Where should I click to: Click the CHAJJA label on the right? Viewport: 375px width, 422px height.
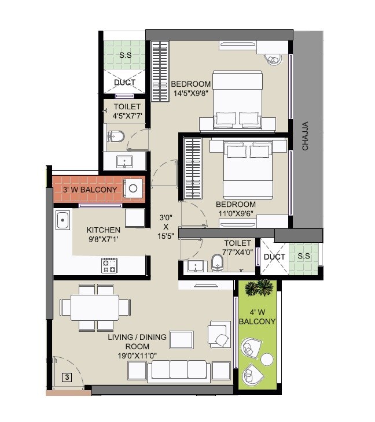(305, 136)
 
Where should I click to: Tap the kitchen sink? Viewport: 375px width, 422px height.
(62, 220)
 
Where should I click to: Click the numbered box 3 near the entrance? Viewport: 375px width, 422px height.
(67, 377)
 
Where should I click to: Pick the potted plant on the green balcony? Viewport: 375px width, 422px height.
(259, 288)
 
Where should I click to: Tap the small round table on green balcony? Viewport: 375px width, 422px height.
(267, 360)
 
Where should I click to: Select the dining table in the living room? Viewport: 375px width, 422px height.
(95, 308)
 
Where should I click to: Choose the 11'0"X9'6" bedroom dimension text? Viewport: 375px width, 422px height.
(236, 213)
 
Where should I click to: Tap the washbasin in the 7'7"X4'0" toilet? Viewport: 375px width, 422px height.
(196, 266)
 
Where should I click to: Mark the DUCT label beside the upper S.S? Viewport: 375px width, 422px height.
(124, 83)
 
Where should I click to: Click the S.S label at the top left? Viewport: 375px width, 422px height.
(124, 55)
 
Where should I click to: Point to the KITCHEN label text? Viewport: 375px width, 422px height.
(104, 230)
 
